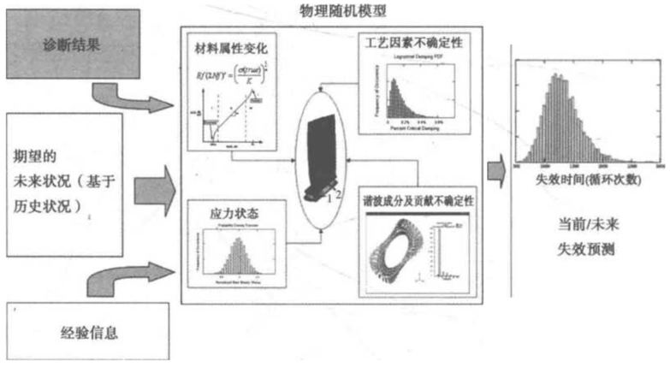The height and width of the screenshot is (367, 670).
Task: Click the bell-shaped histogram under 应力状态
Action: [233, 255]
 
